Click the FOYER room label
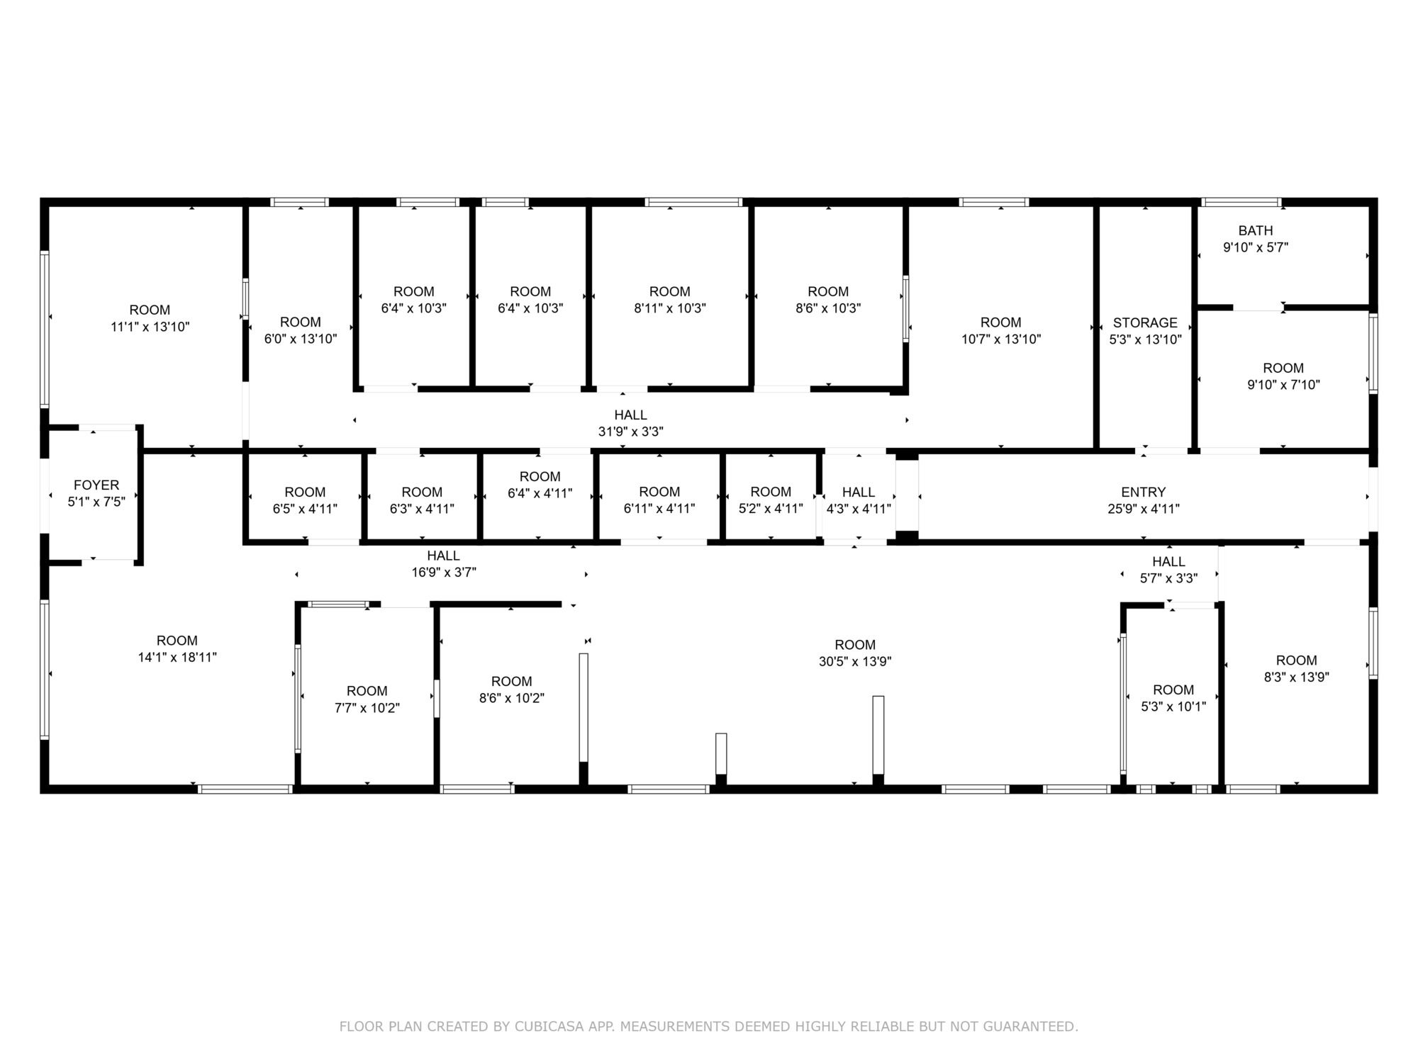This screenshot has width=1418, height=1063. coord(96,485)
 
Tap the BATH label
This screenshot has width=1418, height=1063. coord(1256,230)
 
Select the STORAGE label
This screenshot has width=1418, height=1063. coord(1145,322)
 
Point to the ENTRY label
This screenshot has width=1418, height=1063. coord(1144,492)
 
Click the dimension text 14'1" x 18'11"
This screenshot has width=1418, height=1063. coord(177,657)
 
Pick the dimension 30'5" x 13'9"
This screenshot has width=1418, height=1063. coord(855,661)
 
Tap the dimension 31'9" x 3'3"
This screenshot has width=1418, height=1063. coord(631,431)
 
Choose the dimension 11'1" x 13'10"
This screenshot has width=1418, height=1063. coord(150,327)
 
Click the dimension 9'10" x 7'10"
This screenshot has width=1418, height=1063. coord(1283,385)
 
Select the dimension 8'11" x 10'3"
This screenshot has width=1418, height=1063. coord(670,308)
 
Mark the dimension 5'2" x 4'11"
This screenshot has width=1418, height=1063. coord(771,508)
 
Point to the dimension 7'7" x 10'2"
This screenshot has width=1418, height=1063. coord(367,708)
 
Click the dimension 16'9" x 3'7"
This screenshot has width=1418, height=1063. coord(444,572)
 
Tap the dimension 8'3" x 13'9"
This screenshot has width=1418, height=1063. coord(1297,677)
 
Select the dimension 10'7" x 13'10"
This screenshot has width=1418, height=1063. coord(1001,339)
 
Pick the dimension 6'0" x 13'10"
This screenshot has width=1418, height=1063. coord(301,339)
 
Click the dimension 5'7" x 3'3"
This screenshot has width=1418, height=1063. coord(1169,578)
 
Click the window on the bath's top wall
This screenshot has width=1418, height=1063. coord(1241,202)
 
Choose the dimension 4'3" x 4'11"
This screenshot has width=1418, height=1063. coord(859,508)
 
